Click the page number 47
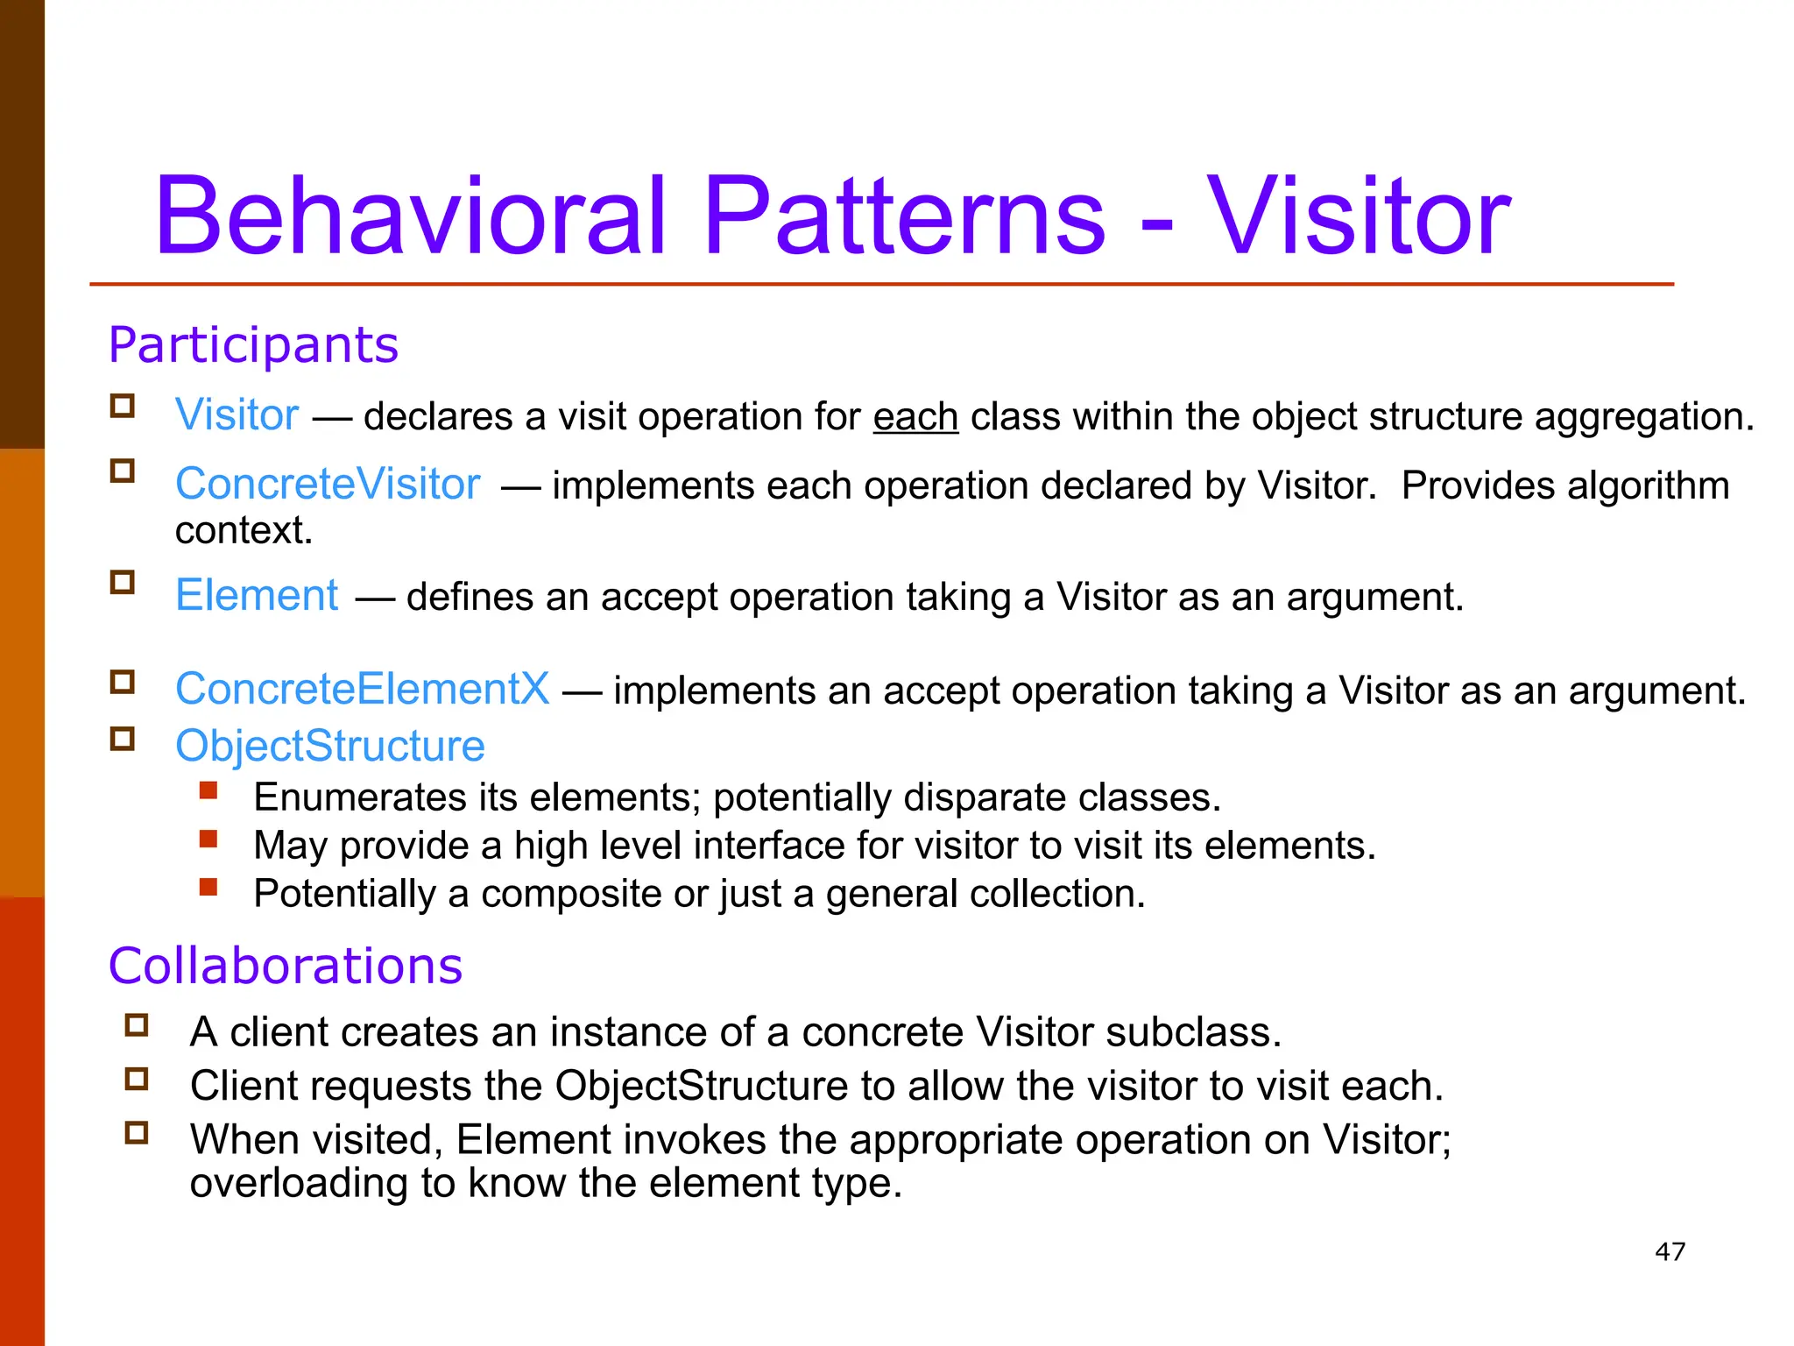(x=1670, y=1251)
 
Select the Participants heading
(x=253, y=344)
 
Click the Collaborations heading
(x=285, y=966)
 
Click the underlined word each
(x=915, y=416)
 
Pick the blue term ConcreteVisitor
(x=328, y=484)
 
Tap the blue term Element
(x=257, y=596)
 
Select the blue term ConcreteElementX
(x=363, y=689)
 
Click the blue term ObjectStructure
(x=330, y=746)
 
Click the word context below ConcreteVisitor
(x=243, y=530)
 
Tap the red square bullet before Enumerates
(x=208, y=791)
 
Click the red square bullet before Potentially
(x=208, y=888)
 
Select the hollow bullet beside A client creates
(x=137, y=1025)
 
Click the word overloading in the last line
(x=299, y=1183)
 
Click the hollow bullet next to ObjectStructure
(x=123, y=740)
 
